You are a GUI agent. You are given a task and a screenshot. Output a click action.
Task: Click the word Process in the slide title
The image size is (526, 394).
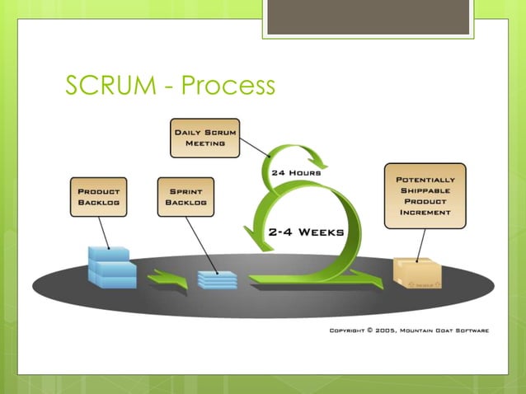228,86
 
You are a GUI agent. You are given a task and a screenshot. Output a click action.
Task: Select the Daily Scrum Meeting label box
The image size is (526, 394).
205,138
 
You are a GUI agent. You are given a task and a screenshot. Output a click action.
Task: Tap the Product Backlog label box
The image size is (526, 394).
99,196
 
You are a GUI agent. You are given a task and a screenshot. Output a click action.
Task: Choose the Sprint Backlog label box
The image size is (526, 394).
186,196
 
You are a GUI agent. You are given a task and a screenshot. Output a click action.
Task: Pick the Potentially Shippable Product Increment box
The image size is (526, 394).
425,195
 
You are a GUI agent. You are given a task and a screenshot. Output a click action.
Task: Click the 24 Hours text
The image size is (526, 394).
296,173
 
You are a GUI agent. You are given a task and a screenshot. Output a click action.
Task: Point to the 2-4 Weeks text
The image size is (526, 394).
306,232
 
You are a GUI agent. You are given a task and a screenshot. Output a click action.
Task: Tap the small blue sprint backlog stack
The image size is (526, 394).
217,279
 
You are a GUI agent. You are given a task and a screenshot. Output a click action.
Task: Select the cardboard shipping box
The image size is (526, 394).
416,273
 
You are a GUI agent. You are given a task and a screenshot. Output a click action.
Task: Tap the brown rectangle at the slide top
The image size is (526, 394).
368,17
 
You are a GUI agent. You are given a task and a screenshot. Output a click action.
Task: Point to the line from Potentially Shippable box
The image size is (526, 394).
421,244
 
